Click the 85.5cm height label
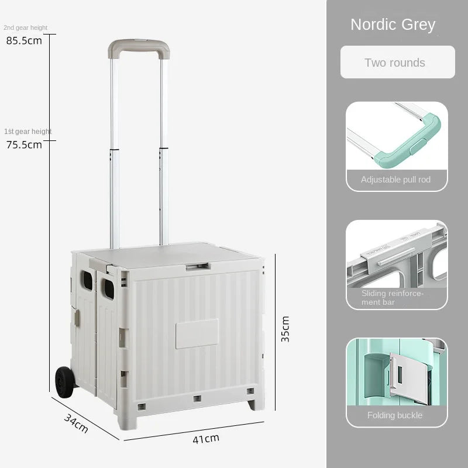pos(24,41)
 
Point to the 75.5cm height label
pos(24,144)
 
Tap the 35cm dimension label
pos(285,329)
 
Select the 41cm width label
pos(207,437)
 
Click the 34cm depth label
pos(76,423)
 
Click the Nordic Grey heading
pos(393,25)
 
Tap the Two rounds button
pos(395,63)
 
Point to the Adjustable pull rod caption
pos(396,180)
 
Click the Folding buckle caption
pos(395,415)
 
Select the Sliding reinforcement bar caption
pos(393,297)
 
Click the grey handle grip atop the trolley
pos(138,45)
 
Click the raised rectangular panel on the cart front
pos(197,333)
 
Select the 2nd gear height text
pos(25,27)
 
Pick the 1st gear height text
pos(27,132)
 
